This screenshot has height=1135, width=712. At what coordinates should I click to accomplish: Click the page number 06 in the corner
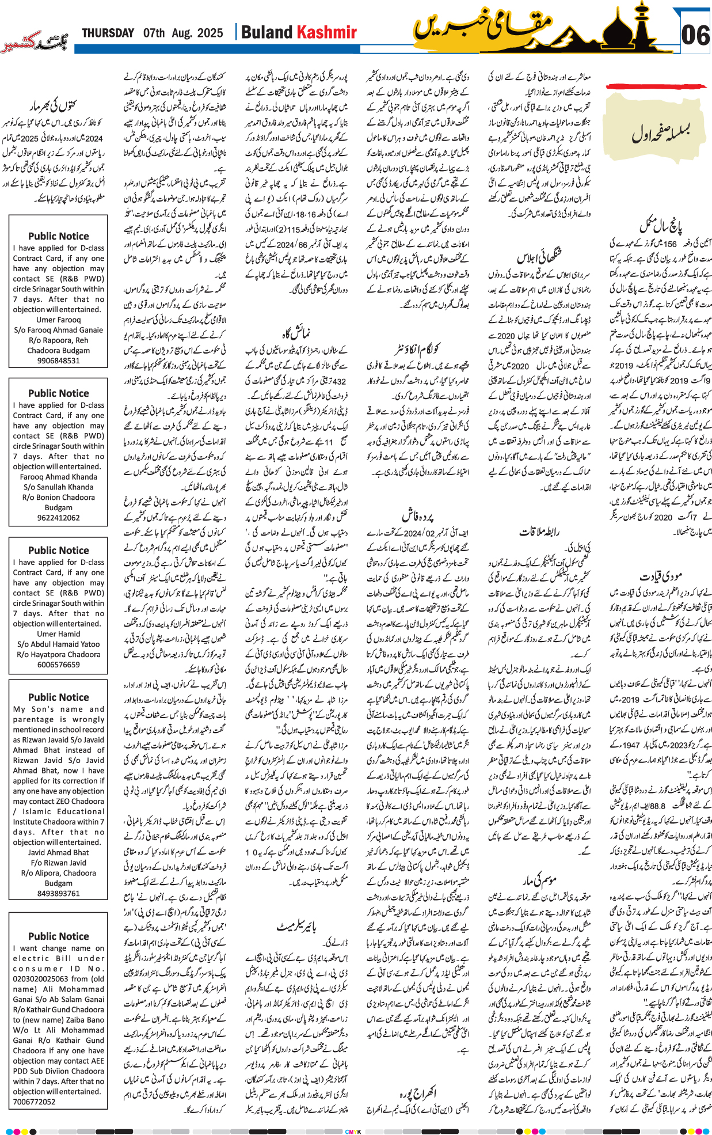coord(695,35)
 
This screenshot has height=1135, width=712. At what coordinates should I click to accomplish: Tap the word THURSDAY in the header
coord(108,33)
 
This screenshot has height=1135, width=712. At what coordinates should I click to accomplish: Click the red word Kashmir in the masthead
coord(326,32)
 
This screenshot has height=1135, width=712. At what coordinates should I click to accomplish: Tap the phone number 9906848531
coord(58,360)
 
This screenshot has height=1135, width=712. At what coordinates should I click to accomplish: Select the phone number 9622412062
coord(58,518)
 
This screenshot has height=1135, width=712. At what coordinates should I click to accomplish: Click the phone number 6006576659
coord(58,665)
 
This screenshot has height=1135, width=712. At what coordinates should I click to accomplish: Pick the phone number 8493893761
coord(58,893)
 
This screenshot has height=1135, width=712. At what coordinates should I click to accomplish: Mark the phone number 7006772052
coord(34,1102)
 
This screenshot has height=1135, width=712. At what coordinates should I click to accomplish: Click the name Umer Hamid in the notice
coord(58,633)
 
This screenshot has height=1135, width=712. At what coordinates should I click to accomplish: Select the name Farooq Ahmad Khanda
coord(58,477)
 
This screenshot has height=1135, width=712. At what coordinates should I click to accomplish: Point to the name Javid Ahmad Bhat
coord(58,852)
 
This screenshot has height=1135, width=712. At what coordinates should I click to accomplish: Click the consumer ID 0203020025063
coord(40,978)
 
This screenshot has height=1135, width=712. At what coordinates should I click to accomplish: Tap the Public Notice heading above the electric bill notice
coord(58,936)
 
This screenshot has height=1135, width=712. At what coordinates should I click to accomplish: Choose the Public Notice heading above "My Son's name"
coord(58,697)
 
